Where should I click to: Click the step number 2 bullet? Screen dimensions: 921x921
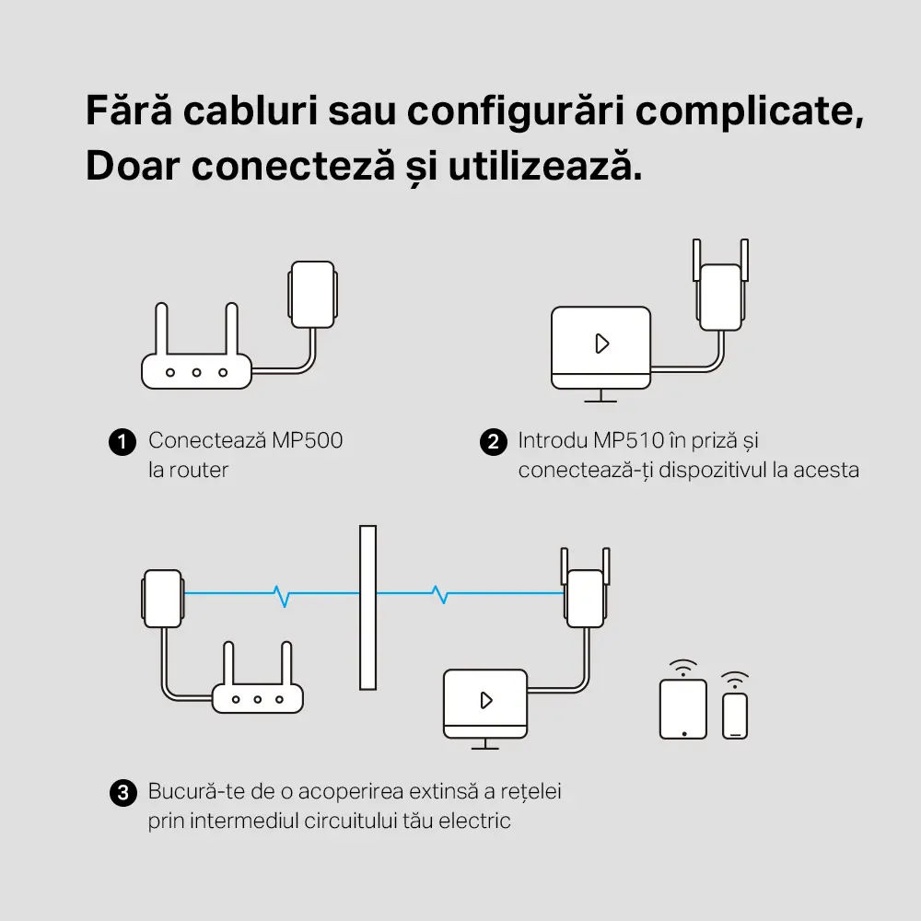pyautogui.click(x=494, y=441)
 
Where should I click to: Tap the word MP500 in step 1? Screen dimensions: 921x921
pyautogui.click(x=307, y=440)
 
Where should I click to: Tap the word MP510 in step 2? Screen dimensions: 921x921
pyautogui.click(x=630, y=440)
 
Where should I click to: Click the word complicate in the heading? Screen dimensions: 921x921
pyautogui.click(x=750, y=111)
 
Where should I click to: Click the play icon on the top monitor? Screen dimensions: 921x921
pyautogui.click(x=601, y=344)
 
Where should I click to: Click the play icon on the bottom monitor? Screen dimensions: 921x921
pyautogui.click(x=485, y=700)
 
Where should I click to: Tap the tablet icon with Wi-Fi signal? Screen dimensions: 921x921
pyautogui.click(x=683, y=707)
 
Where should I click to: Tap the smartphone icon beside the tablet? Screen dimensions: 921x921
pyautogui.click(x=734, y=715)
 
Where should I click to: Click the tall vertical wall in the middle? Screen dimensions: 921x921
pyautogui.click(x=368, y=608)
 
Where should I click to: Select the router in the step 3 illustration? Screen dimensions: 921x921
pyautogui.click(x=257, y=697)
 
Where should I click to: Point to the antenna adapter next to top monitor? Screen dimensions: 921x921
pyautogui.click(x=720, y=295)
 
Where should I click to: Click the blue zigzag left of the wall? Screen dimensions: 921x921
pyautogui.click(x=283, y=595)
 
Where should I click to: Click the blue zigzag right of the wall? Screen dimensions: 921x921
pyautogui.click(x=442, y=595)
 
